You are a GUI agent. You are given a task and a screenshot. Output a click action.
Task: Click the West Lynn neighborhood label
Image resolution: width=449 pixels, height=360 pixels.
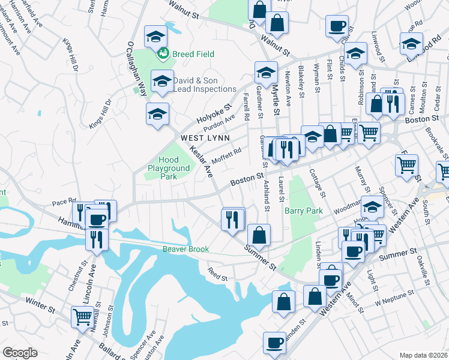point(206,137)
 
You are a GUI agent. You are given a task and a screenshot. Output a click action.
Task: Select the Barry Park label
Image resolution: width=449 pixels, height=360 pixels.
point(304,211)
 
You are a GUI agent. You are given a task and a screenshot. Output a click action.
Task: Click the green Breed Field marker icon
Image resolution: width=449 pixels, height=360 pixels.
point(162,55)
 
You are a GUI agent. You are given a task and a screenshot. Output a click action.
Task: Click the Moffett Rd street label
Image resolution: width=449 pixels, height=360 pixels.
point(228,157)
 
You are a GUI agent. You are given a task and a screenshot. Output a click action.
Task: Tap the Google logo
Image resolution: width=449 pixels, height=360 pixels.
point(20,353)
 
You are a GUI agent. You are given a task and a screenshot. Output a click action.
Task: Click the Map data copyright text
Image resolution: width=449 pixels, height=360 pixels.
point(424,355)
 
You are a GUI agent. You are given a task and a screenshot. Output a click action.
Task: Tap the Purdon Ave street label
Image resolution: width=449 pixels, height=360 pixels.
point(219,122)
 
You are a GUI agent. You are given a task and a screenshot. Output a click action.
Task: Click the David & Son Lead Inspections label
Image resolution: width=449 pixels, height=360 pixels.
point(205,85)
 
